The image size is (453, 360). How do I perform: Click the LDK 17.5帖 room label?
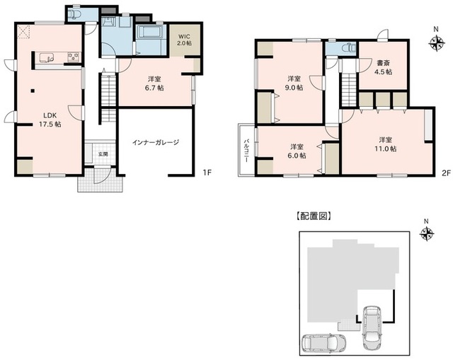click(50, 120)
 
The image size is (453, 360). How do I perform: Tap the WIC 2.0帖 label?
click(184, 40)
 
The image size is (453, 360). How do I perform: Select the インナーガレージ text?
click(156, 142)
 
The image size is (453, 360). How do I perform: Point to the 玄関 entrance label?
click(103, 154)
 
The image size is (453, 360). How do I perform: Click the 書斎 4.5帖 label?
click(384, 67)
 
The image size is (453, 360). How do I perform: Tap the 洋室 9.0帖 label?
click(294, 83)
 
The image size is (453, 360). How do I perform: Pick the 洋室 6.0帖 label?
click(297, 151)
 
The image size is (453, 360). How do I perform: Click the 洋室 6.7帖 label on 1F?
click(154, 83)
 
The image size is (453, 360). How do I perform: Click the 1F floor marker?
click(207, 173)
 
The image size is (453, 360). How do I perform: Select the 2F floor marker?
click(446, 173)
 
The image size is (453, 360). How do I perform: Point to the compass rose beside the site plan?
click(427, 233)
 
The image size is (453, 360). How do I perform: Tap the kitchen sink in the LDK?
click(46, 57)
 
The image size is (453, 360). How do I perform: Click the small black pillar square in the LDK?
click(33, 91)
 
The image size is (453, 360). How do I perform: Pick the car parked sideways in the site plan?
click(324, 343)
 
